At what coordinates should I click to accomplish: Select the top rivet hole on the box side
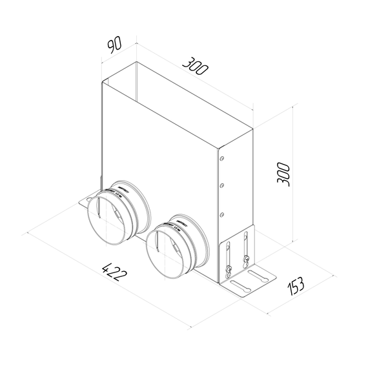(x=221, y=157)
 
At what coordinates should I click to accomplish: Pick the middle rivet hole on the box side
(x=221, y=185)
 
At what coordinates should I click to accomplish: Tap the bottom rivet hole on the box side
(x=221, y=214)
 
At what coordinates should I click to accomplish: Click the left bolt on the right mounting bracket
(x=229, y=269)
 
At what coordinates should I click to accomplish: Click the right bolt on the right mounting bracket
(x=245, y=261)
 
